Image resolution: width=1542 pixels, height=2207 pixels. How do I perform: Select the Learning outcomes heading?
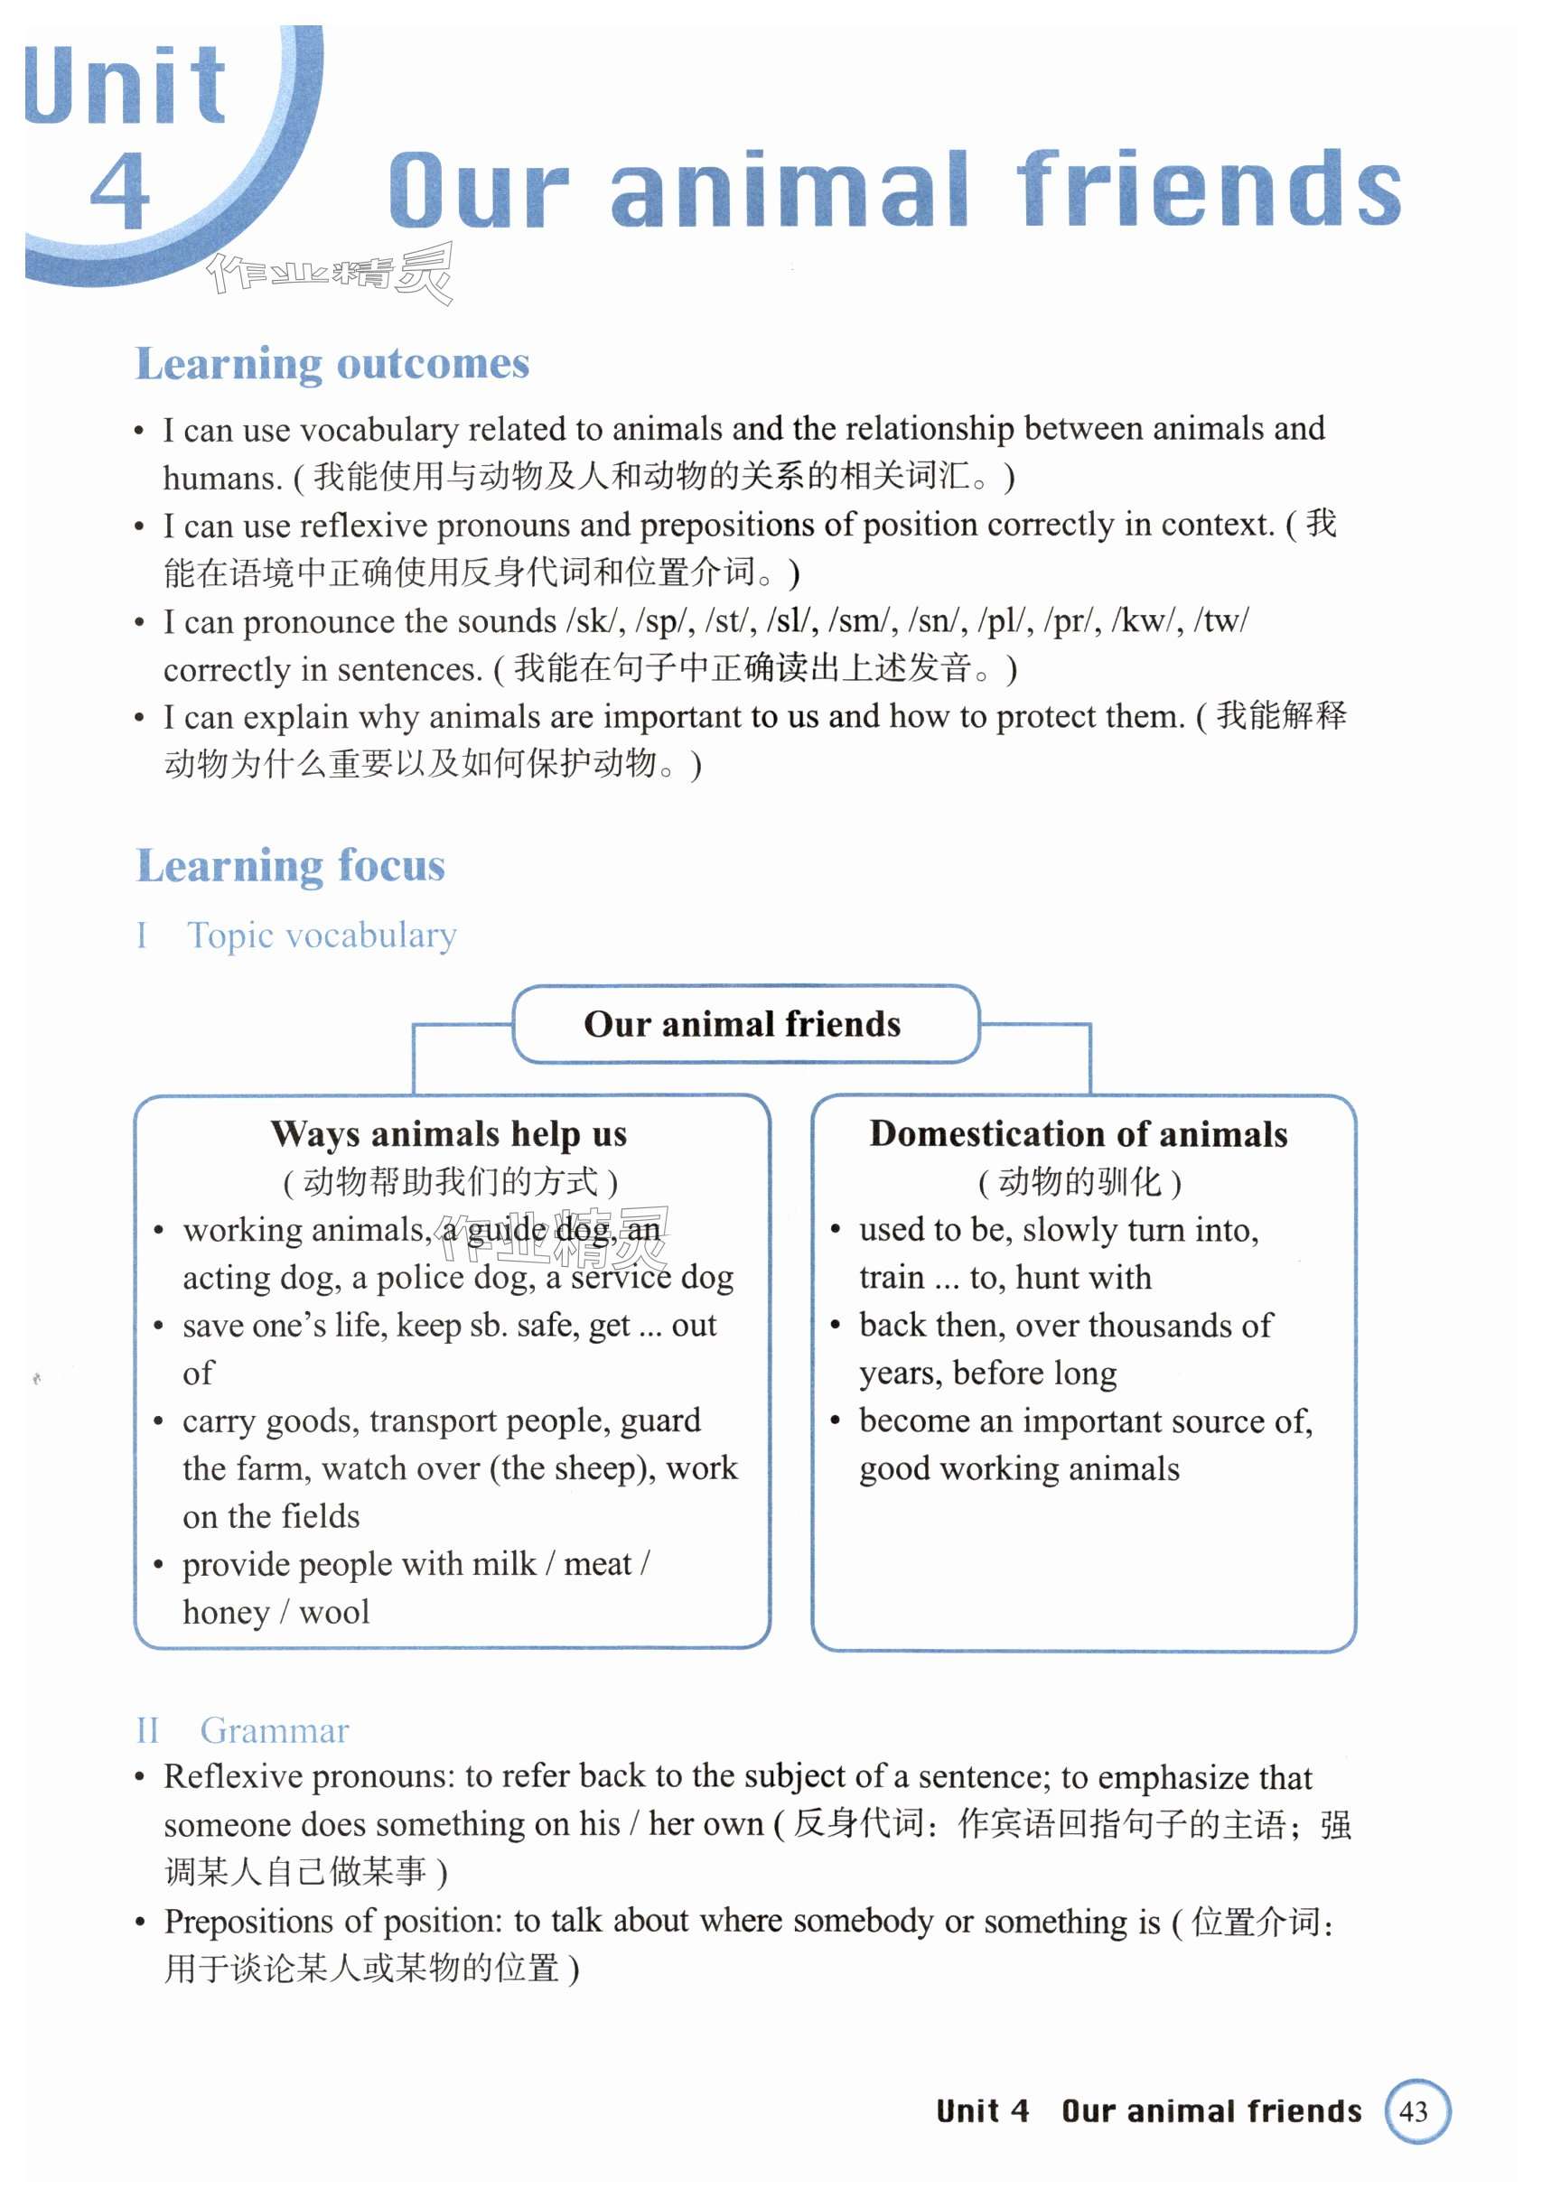(x=332, y=364)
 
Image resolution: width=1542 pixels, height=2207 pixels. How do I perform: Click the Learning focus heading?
(x=290, y=866)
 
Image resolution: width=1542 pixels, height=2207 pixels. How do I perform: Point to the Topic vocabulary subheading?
(x=321, y=936)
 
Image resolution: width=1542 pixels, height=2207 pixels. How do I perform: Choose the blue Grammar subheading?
(x=274, y=1730)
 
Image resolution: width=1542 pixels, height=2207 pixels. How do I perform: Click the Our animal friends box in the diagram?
(x=743, y=1025)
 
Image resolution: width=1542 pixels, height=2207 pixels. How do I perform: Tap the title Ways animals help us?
(x=449, y=1134)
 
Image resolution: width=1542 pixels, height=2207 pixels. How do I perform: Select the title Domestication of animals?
(x=1079, y=1134)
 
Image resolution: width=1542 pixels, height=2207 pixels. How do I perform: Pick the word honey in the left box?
(x=226, y=1612)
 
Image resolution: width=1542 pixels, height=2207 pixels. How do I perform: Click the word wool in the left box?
(x=333, y=1612)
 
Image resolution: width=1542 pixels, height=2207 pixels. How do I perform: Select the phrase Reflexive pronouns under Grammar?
(x=308, y=1776)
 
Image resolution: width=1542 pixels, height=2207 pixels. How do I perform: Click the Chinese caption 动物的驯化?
(x=1079, y=1181)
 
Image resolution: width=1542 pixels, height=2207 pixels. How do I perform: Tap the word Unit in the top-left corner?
(x=125, y=87)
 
